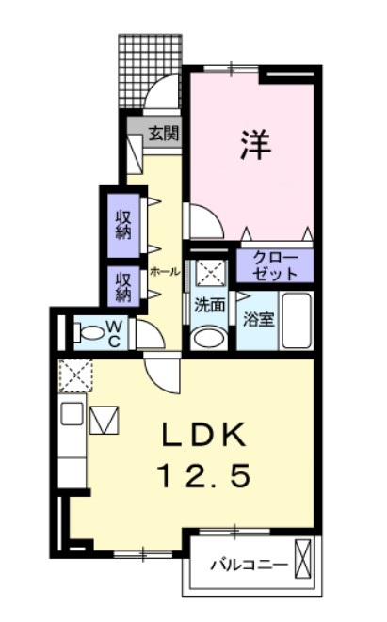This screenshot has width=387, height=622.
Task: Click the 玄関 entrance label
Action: pos(163,134)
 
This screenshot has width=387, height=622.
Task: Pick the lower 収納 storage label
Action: pos(124,285)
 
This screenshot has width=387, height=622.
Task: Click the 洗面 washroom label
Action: pos(209,305)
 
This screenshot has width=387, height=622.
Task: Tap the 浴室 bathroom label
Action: pos(259,318)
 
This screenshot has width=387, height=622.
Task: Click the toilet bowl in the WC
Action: pos(92,332)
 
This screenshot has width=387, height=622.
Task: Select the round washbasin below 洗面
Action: pos(209,336)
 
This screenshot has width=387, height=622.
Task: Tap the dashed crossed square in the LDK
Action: pos(73,374)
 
